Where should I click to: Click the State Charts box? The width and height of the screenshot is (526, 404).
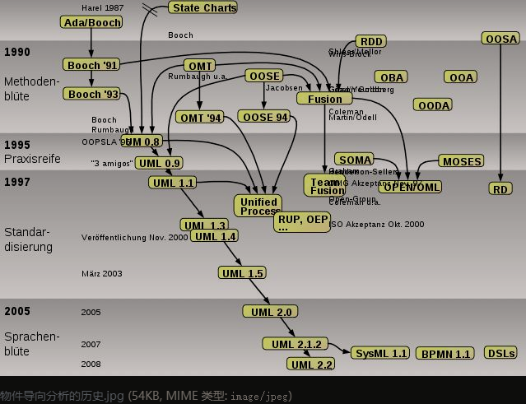coord(203,7)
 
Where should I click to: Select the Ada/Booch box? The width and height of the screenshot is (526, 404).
coord(91,22)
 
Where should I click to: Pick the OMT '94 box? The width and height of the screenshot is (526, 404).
coord(201,118)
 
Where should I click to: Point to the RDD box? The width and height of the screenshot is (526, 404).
coord(371,42)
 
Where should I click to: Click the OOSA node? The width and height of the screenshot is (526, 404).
coord(501,39)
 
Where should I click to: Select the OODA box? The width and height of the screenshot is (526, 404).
coord(434,105)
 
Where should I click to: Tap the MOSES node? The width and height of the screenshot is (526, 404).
coord(462,161)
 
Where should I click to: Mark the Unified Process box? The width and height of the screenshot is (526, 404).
coord(259,206)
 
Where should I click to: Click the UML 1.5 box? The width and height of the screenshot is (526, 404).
coord(243,273)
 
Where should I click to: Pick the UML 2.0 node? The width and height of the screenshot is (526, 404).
coord(269,312)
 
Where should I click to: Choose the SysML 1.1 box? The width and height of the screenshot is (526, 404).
coord(380,353)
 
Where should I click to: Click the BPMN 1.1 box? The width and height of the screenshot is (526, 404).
coord(445,354)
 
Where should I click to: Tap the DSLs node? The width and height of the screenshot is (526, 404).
coord(500,353)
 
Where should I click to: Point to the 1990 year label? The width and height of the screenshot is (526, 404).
coord(16,52)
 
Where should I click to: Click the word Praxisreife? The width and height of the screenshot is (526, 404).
coord(32,158)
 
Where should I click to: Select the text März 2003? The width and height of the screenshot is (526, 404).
coord(101,273)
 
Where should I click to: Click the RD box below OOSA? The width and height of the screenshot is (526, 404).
coord(500,188)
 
